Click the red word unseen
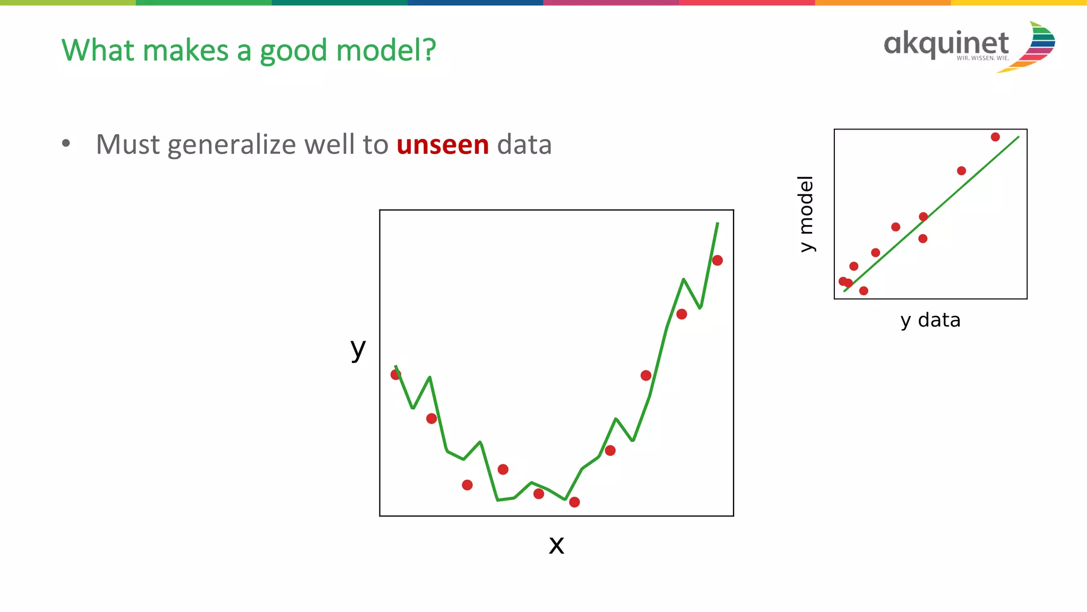coord(442,145)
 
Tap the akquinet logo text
coord(946,44)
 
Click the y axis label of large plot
coord(358,349)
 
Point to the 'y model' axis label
coord(806,214)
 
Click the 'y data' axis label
coord(930,320)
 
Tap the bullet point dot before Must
coord(66,143)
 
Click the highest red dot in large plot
coord(717,260)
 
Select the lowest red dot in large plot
coord(574,502)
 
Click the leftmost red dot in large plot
coord(395,375)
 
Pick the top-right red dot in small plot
coord(995,137)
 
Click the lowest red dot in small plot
coord(864,291)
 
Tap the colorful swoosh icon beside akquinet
coord(1035,47)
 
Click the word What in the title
coord(98,50)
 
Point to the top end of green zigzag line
coord(718,223)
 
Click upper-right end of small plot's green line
coord(1018,137)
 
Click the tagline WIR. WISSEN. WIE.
coord(982,58)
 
